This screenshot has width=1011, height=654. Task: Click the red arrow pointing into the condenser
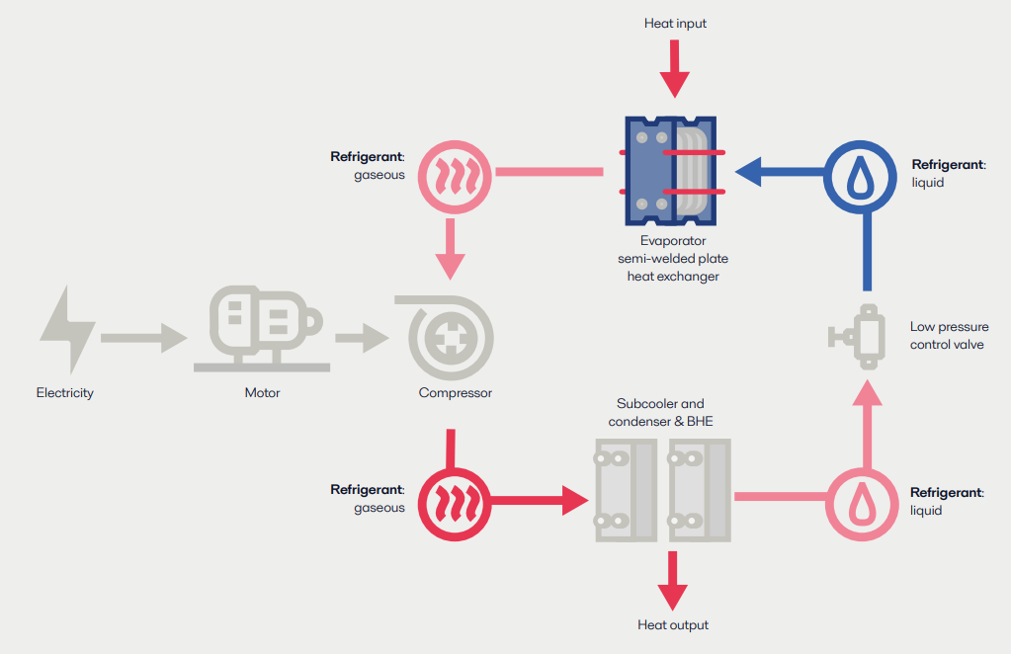[x=539, y=499]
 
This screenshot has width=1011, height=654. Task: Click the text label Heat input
[x=675, y=23]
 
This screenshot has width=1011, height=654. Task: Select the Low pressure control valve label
[x=949, y=336]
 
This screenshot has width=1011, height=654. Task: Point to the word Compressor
[x=455, y=393]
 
